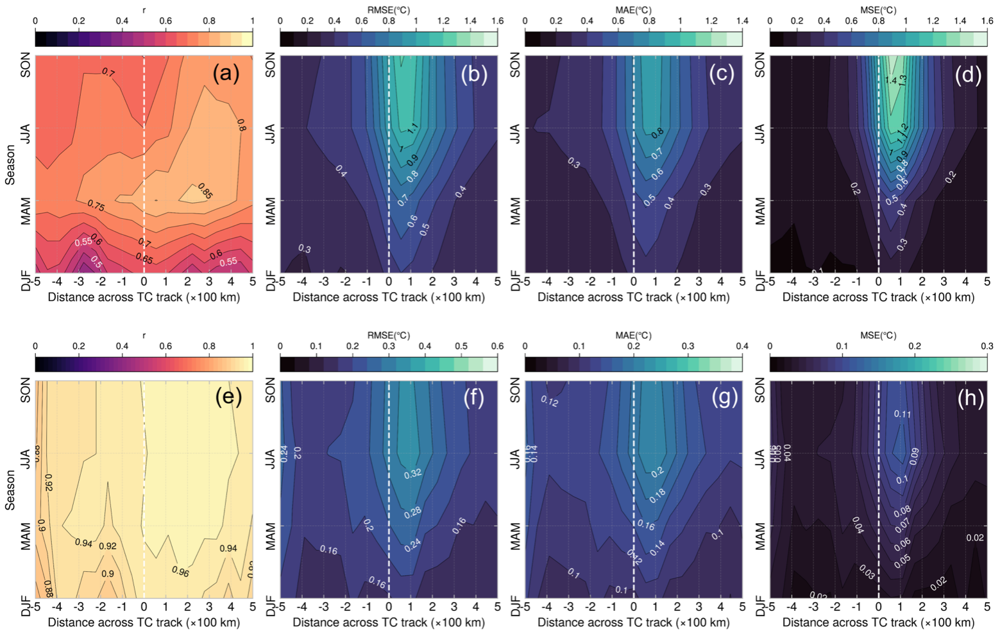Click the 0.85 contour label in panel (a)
pyautogui.click(x=206, y=192)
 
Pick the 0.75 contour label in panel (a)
pyautogui.click(x=96, y=205)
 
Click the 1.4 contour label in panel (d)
pyautogui.click(x=890, y=81)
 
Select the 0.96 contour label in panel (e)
pyautogui.click(x=180, y=572)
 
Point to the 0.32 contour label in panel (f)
pyautogui.click(x=412, y=474)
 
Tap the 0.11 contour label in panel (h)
pyautogui.click(x=902, y=415)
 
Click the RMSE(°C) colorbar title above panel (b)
pyautogui.click(x=389, y=10)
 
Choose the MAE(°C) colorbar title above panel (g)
pyautogui.click(x=634, y=336)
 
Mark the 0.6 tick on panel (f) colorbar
pyautogui.click(x=497, y=347)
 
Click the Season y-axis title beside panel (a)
pyautogui.click(x=10, y=165)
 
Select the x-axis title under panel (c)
pyautogui.click(x=634, y=297)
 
